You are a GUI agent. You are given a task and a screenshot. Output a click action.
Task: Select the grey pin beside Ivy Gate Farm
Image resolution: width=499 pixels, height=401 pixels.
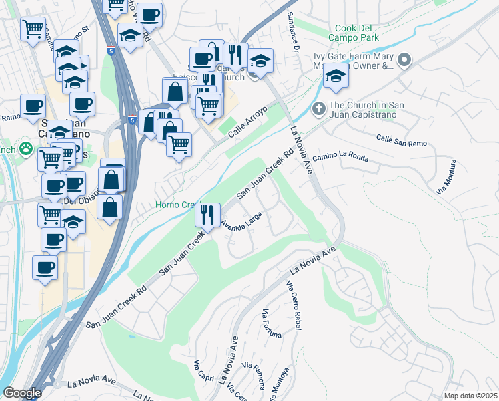(x=405, y=61)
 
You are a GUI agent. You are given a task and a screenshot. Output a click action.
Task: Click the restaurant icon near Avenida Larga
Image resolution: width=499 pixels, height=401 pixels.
(x=207, y=215)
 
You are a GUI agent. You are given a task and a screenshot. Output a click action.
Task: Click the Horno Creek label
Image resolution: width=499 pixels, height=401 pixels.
(x=174, y=205)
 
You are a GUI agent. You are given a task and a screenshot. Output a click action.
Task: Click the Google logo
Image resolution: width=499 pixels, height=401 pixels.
(x=22, y=393)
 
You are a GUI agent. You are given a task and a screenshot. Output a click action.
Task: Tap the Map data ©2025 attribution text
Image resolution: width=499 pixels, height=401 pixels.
(x=470, y=396)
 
